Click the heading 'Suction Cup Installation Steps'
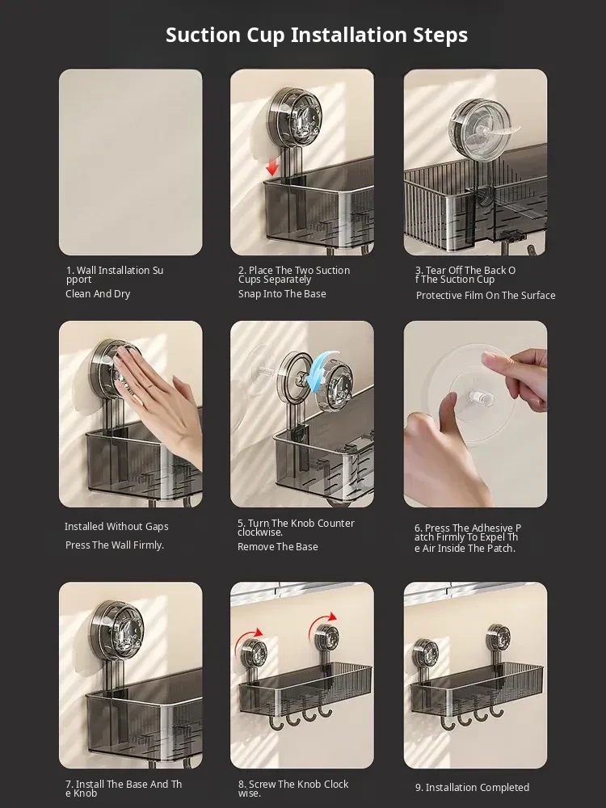point(317,35)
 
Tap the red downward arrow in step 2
point(272,166)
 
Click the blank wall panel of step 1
point(130,162)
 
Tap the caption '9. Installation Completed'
point(472,787)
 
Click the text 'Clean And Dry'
point(98,294)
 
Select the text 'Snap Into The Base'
point(282,294)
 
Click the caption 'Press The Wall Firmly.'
point(115,545)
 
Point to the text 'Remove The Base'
point(277,547)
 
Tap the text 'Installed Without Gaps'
point(116,526)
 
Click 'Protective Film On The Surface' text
point(486,295)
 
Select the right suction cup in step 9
point(499,638)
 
